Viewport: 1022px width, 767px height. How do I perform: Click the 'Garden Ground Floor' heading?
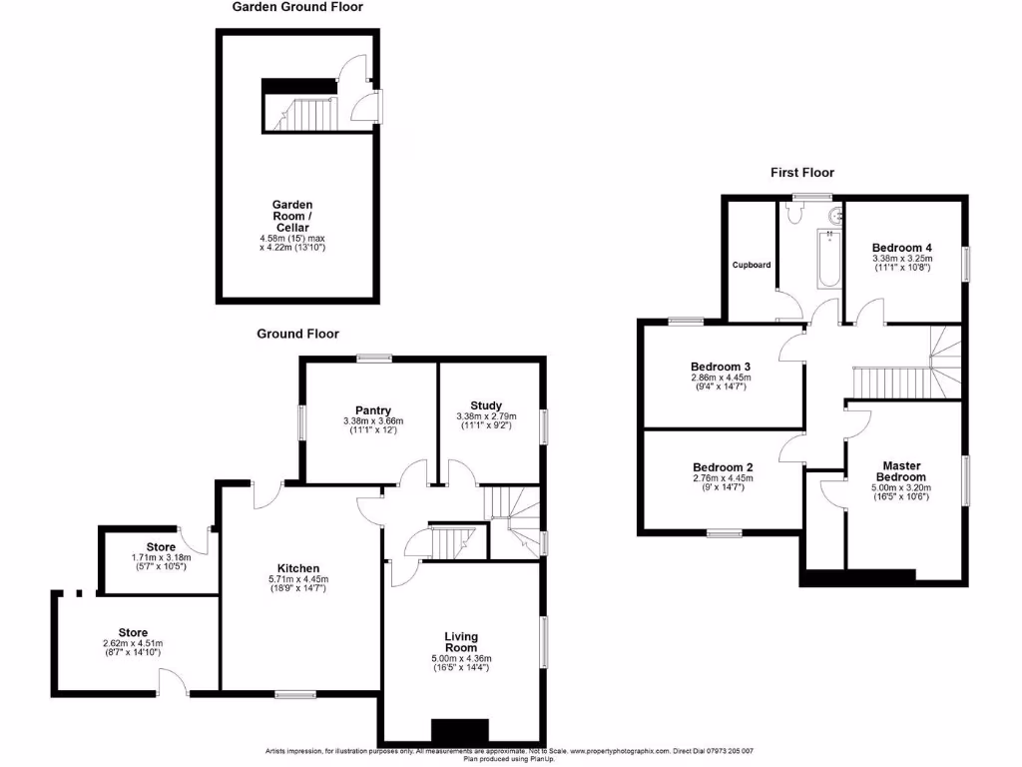[297, 7]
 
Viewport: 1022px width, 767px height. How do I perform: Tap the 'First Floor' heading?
[801, 173]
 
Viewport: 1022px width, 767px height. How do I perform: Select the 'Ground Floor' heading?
[297, 335]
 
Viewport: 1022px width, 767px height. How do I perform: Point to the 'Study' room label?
[486, 404]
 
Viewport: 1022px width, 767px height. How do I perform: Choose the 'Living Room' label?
[461, 641]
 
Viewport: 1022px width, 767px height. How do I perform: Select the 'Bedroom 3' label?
[721, 366]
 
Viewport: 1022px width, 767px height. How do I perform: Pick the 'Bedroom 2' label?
[723, 466]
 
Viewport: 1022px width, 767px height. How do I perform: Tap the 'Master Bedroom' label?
[906, 471]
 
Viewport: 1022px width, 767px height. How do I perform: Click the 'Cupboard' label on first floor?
[752, 265]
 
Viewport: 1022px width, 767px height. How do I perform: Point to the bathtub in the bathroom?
[829, 260]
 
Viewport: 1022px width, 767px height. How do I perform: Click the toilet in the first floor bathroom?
[797, 214]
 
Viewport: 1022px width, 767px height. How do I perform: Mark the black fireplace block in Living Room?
[460, 731]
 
